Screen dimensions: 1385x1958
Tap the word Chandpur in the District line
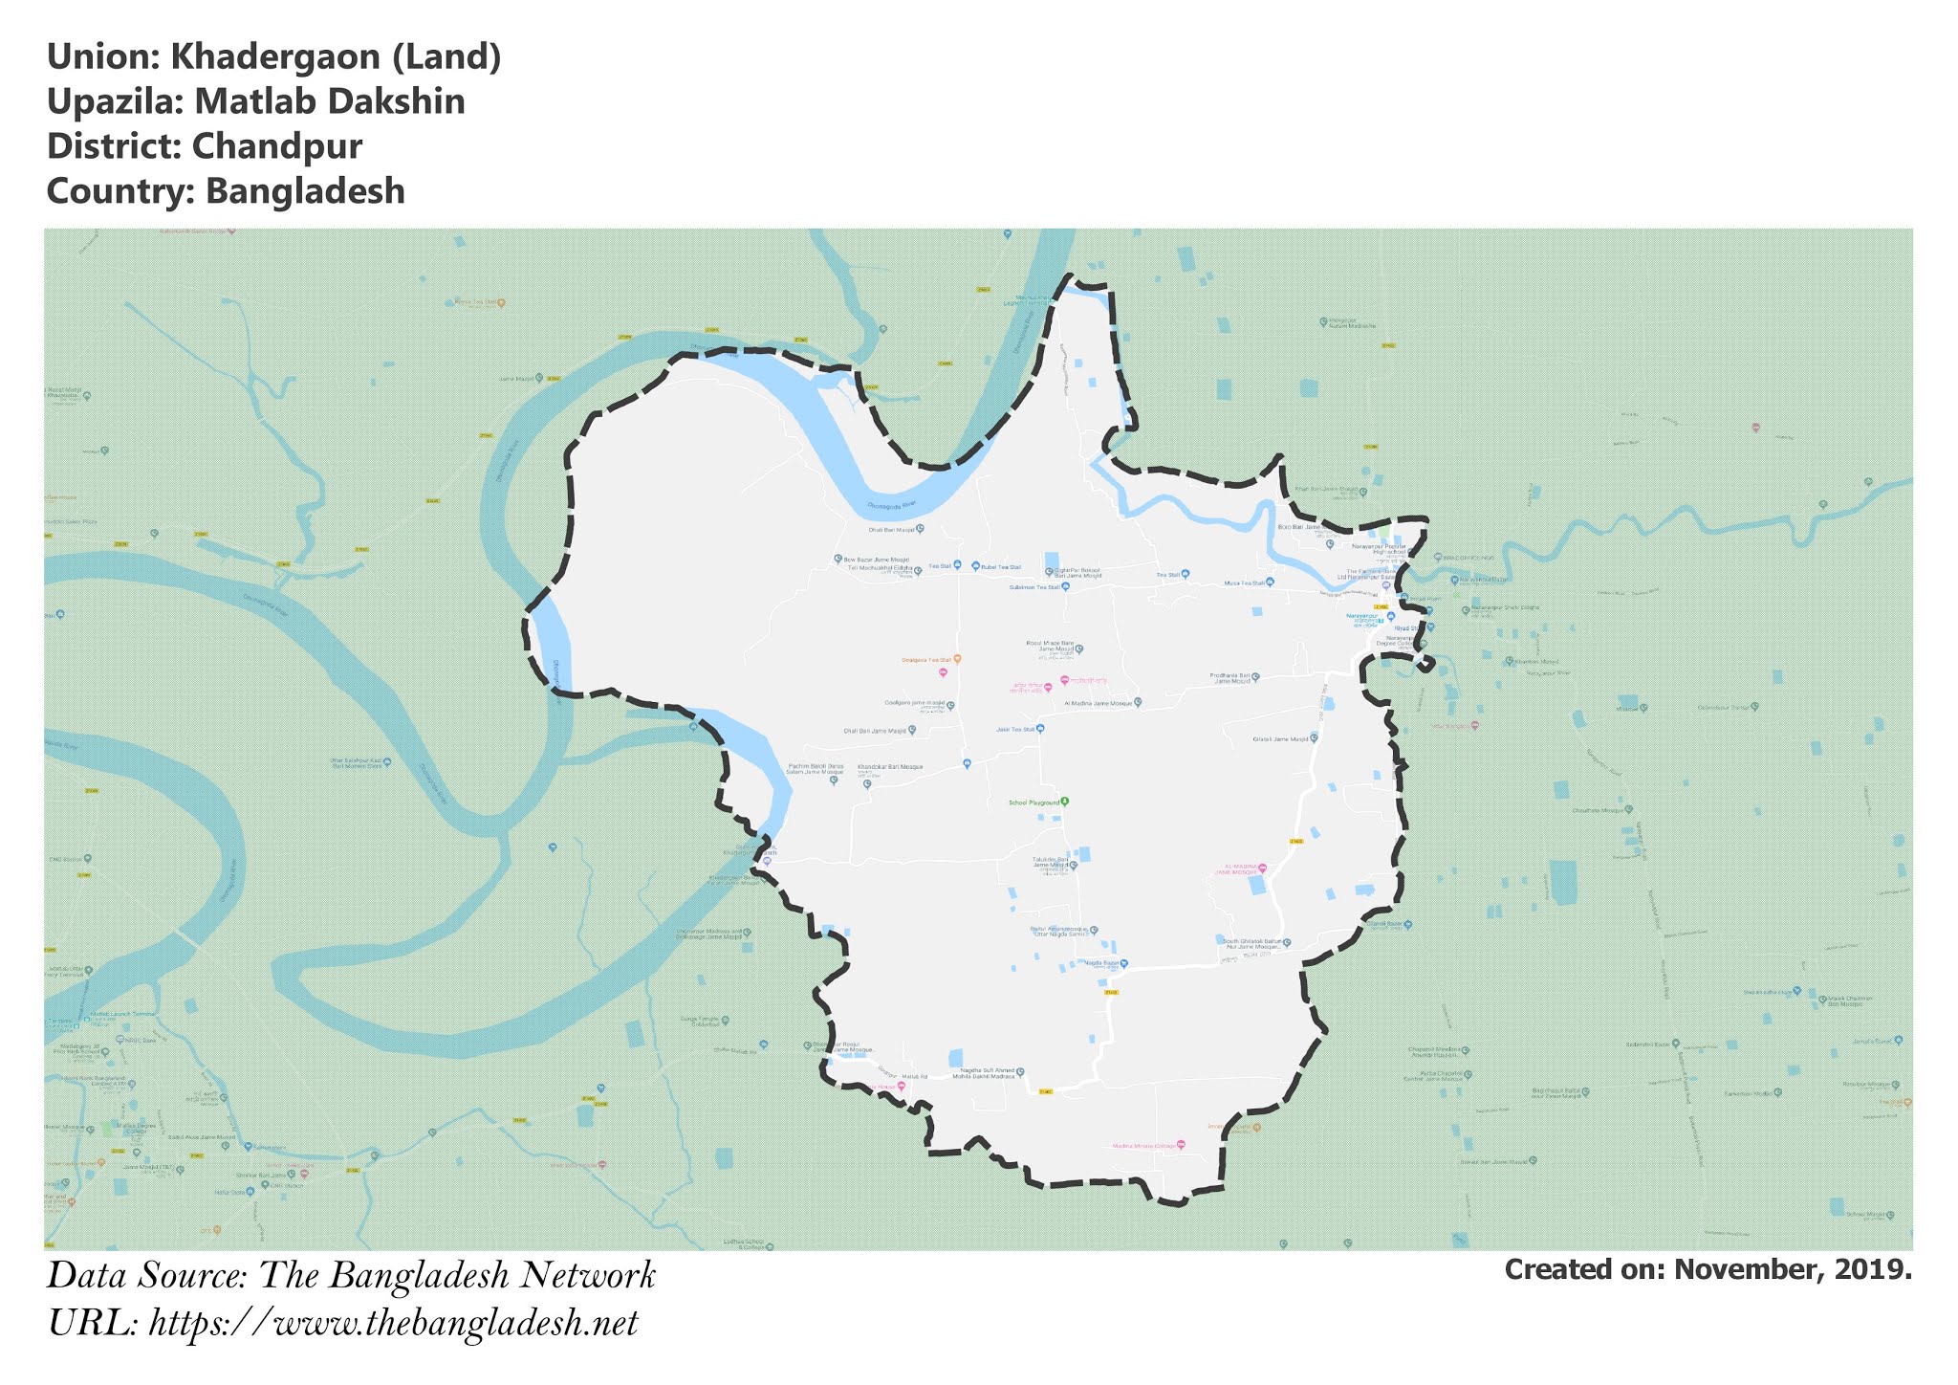coord(276,146)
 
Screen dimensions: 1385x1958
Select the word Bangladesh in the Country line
coord(305,191)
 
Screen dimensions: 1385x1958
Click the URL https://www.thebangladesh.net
coord(393,1324)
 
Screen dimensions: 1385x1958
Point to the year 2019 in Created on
coord(1875,1269)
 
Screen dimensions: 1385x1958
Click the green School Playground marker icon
coord(1065,802)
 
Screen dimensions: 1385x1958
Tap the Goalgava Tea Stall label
coord(926,660)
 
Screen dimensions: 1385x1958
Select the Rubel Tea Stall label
coord(1001,567)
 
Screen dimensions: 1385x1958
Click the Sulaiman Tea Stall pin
coord(1065,586)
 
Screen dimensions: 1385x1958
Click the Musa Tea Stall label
coord(1245,583)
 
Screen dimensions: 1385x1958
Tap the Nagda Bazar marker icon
coord(1124,963)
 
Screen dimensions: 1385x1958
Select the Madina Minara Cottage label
coord(1143,1146)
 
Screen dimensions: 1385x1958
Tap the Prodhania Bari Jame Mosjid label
coord(1231,678)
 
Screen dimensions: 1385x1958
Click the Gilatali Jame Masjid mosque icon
coord(1314,738)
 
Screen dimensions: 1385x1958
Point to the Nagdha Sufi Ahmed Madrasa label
coord(986,1073)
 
